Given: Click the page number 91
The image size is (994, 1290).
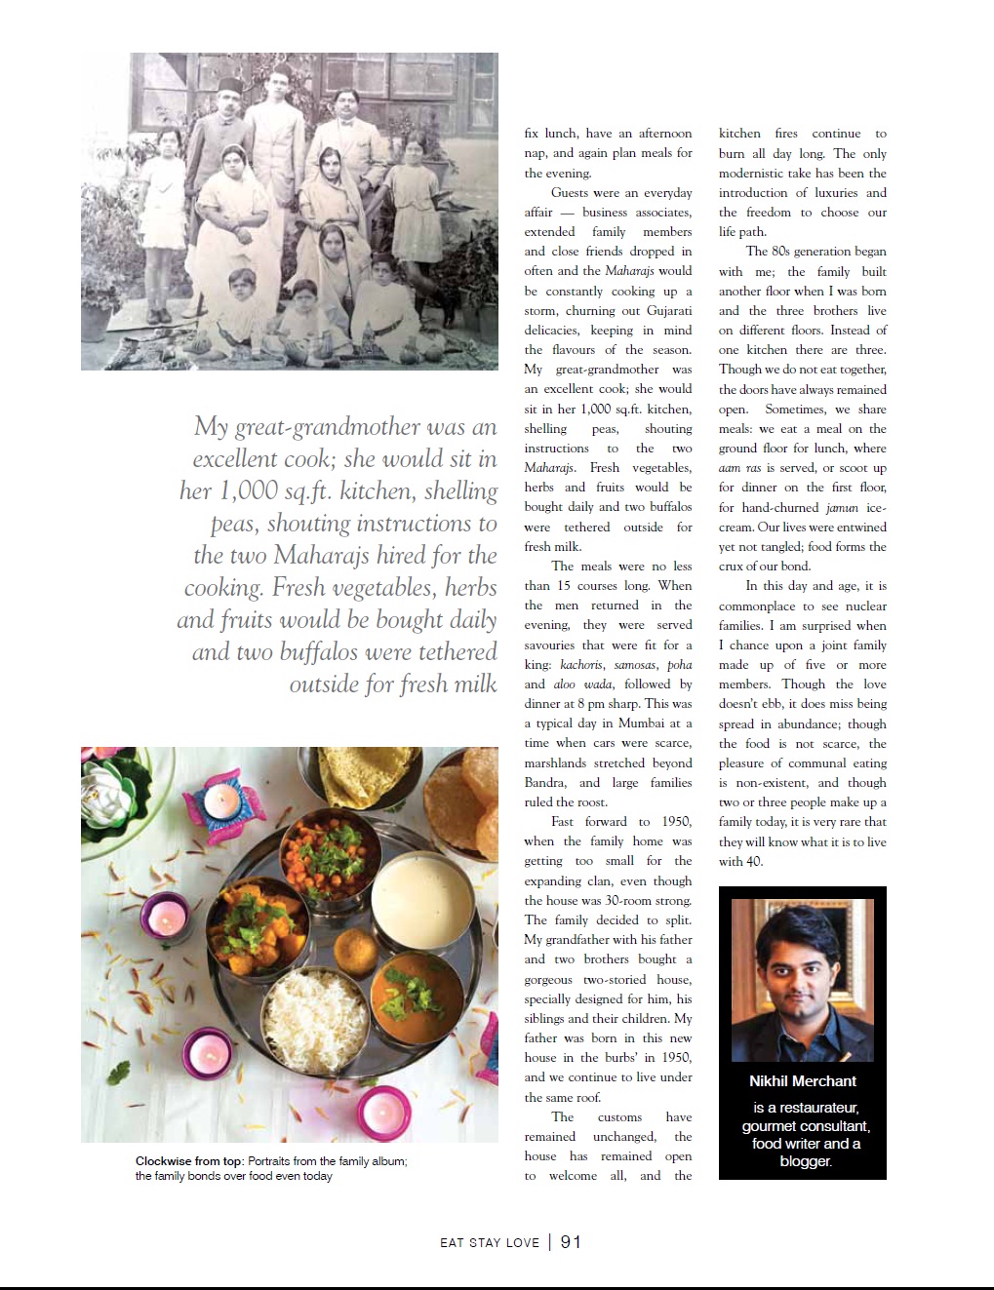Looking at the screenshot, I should click(x=571, y=1241).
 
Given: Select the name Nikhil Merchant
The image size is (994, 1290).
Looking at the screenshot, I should click(x=802, y=1081).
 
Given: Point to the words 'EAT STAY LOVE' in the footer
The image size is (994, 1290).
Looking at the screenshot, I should click(x=489, y=1242).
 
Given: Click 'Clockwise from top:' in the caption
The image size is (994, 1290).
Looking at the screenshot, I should click(x=189, y=1161).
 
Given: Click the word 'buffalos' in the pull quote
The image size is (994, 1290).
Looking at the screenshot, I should click(x=327, y=651).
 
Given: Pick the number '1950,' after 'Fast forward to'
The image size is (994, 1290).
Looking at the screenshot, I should click(x=676, y=822).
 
